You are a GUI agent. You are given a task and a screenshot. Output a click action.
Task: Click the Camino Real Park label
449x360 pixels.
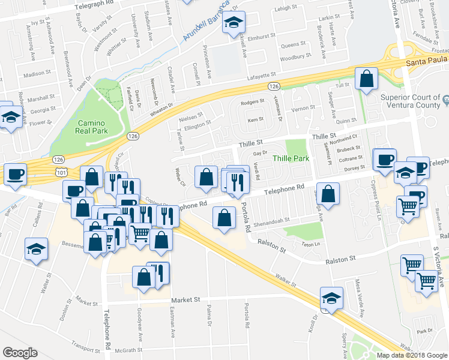[92, 127]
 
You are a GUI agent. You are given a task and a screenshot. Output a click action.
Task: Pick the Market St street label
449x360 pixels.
[184, 299]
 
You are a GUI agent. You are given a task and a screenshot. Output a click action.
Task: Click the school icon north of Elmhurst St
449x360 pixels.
[232, 25]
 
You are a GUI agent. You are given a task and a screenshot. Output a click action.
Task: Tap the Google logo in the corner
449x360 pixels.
[20, 353]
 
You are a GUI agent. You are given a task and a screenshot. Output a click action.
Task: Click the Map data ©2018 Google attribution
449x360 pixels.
[411, 355]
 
